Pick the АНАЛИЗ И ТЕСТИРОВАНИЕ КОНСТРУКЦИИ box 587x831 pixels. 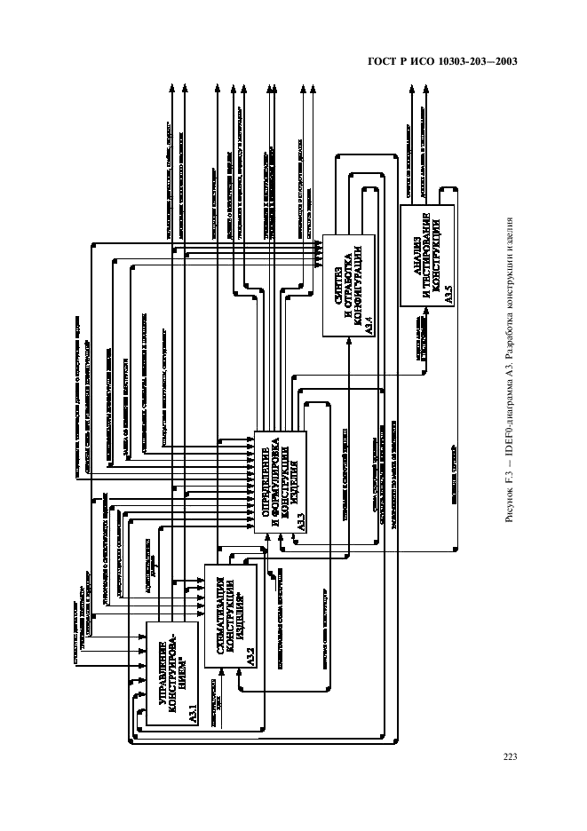[x=429, y=255]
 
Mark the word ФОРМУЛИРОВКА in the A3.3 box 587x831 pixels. [x=276, y=476]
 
